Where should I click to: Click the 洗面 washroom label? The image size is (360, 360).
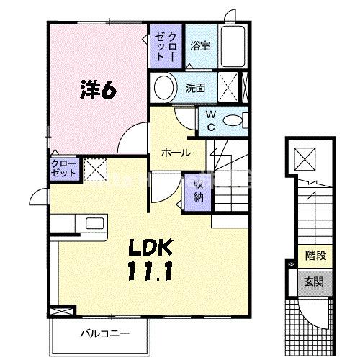tap(195, 89)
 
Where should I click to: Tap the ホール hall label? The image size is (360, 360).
tap(176, 153)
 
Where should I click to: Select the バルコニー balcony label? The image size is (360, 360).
tap(104, 334)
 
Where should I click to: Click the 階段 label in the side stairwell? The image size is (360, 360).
tap(315, 254)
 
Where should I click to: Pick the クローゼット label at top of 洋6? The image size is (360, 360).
tap(166, 43)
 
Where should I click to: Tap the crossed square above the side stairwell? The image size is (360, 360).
tap(307, 157)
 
